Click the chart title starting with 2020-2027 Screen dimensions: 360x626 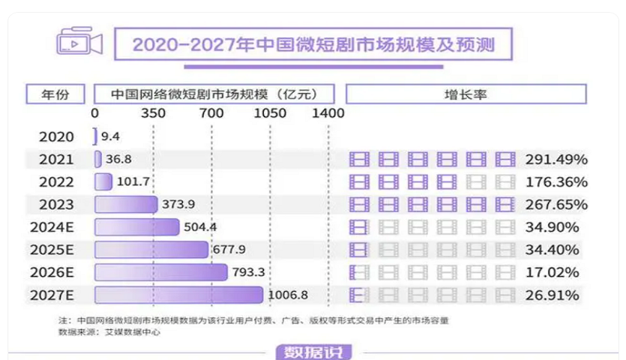(313, 44)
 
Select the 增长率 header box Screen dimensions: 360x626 (466, 94)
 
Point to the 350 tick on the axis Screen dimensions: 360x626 (154, 114)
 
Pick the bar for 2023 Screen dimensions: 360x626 (126, 204)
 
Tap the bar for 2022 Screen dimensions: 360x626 (103, 181)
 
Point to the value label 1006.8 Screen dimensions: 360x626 (288, 295)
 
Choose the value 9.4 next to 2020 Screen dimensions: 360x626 (110, 136)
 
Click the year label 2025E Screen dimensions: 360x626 (52, 250)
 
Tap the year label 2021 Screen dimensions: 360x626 (57, 159)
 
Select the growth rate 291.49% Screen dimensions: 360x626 (557, 159)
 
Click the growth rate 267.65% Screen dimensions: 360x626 (557, 204)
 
